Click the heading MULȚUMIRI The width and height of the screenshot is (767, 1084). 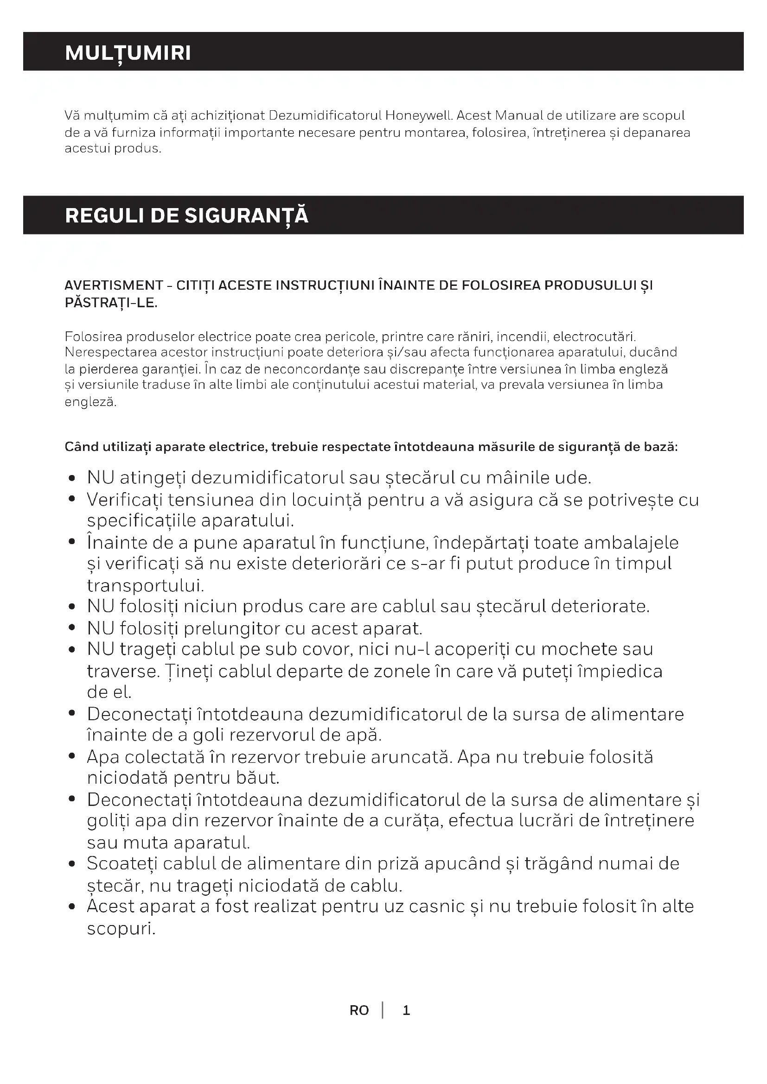point(128,53)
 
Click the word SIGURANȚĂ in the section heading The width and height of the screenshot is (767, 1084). point(246,216)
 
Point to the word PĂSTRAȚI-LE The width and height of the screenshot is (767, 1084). point(111,303)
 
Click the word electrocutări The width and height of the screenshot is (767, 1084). point(594,336)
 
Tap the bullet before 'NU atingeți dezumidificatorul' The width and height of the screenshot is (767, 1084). point(72,479)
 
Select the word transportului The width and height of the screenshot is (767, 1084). point(146,585)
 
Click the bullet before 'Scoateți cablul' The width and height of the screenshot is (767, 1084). point(72,864)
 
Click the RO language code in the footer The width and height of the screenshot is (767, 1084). point(359,1011)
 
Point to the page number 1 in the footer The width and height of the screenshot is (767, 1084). point(406,1011)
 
